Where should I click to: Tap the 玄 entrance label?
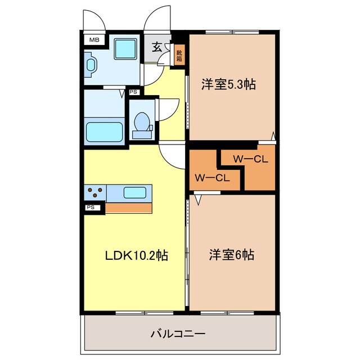[158, 47]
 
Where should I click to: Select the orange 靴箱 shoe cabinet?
[179, 55]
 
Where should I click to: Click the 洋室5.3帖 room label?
[228, 85]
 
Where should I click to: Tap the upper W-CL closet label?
[250, 159]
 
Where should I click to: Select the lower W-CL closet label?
[211, 178]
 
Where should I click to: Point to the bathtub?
[104, 132]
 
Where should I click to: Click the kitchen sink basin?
[135, 192]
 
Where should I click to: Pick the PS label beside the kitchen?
[91, 208]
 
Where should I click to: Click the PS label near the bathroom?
[133, 92]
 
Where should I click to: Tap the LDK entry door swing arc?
[172, 155]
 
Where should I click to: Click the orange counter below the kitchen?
[129, 208]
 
